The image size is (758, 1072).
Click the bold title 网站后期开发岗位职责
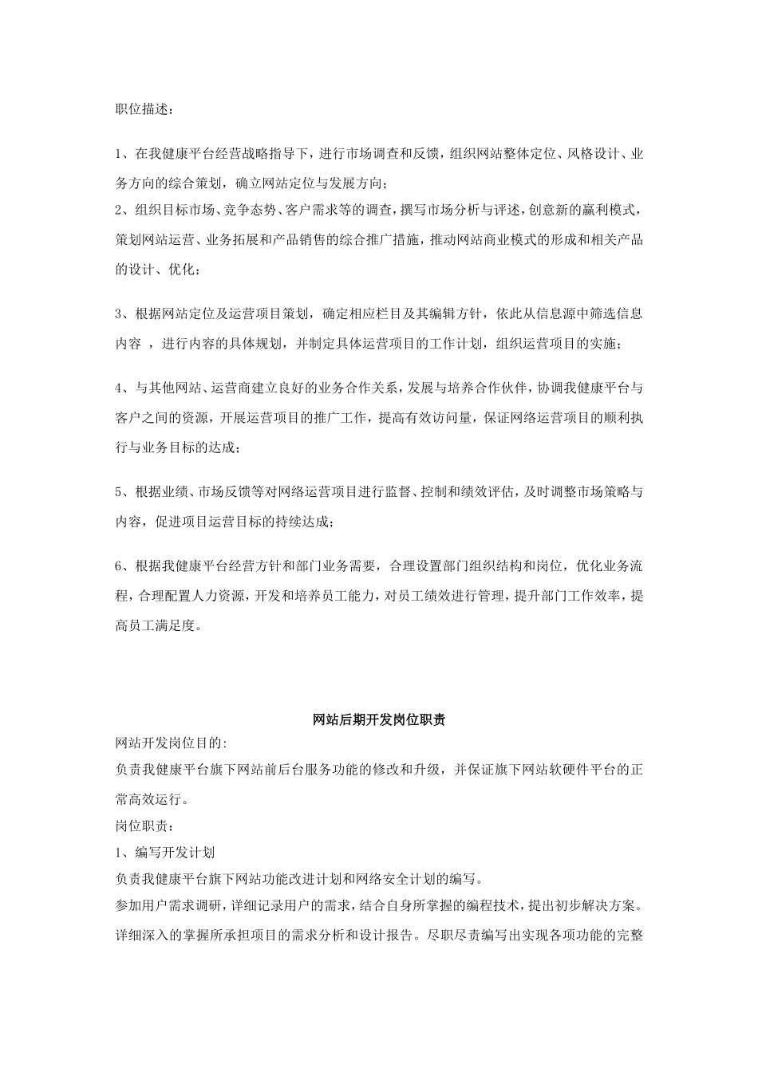(379, 719)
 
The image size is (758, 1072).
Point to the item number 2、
(123, 211)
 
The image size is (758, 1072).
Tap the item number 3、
(123, 313)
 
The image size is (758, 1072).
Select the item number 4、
(123, 388)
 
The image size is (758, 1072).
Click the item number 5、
(123, 491)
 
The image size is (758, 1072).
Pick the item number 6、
(123, 566)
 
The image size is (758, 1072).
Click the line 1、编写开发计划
(165, 853)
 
